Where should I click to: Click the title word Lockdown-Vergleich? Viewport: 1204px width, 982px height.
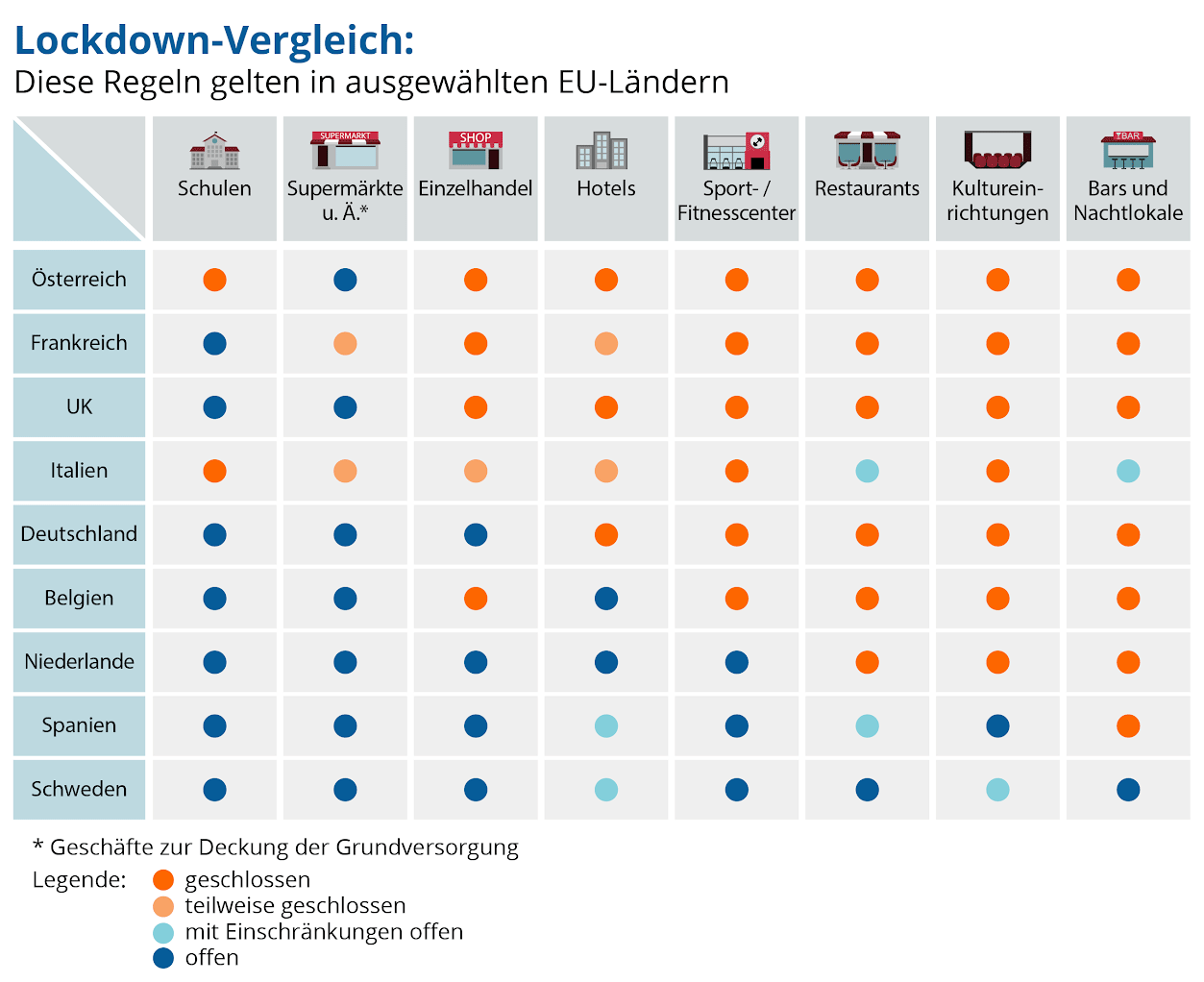click(x=214, y=41)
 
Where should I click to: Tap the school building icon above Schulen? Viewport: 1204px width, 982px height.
click(x=214, y=151)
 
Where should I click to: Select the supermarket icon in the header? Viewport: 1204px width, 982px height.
click(x=345, y=150)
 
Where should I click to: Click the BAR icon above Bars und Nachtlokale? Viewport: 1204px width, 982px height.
click(x=1127, y=150)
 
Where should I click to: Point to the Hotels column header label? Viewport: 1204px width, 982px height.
click(x=605, y=188)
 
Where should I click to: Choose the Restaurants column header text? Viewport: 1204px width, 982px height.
click(x=867, y=188)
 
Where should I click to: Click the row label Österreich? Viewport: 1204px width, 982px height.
click(x=79, y=279)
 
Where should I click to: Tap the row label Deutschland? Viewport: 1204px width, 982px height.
click(x=79, y=534)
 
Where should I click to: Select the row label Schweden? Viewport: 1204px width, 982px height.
click(x=79, y=789)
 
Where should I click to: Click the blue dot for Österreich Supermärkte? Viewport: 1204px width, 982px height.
click(x=345, y=280)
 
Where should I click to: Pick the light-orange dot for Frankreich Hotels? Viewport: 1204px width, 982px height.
click(x=605, y=344)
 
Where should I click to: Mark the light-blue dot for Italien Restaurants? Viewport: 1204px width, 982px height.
click(x=867, y=471)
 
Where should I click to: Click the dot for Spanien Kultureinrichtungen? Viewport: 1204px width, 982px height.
click(x=997, y=726)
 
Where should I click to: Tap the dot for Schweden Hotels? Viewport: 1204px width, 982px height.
click(x=605, y=790)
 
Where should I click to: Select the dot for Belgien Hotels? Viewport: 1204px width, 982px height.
click(x=605, y=599)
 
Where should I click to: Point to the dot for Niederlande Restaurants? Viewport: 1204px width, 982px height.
click(x=867, y=662)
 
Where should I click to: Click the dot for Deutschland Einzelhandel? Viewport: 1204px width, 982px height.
click(x=476, y=535)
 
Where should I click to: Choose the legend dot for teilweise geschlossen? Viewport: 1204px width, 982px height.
click(x=163, y=906)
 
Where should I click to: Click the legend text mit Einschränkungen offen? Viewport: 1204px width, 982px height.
click(x=324, y=932)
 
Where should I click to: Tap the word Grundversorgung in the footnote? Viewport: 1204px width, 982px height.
click(x=427, y=847)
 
